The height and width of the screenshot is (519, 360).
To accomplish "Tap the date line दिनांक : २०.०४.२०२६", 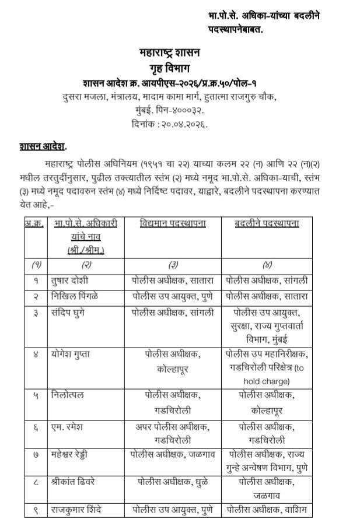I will [170, 124].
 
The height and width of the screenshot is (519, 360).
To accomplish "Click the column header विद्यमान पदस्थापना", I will [173, 224].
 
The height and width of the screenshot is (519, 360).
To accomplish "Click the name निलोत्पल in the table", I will [68, 396].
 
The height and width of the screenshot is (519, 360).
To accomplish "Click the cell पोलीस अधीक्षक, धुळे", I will [173, 482].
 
